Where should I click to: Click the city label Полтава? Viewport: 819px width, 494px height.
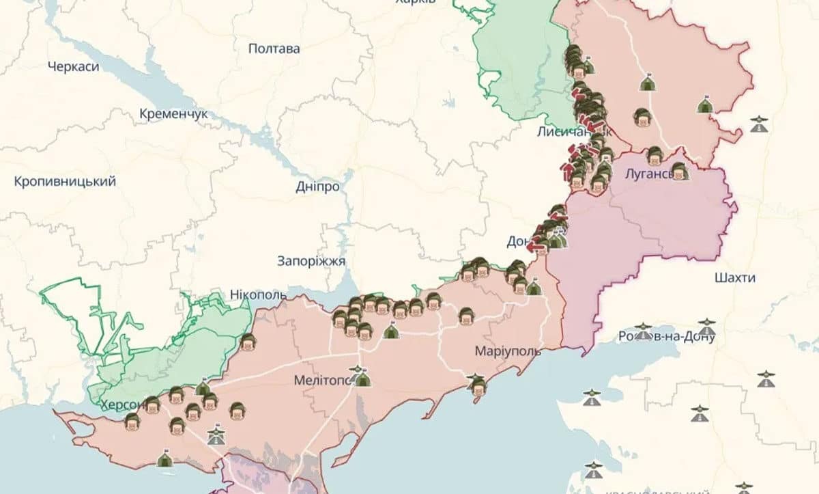coord(274,49)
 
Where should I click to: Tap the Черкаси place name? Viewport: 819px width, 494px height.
coord(74,66)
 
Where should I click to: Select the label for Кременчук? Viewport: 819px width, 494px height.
coord(173,114)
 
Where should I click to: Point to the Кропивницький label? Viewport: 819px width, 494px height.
coord(65,181)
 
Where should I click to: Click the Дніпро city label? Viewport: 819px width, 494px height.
coord(317,187)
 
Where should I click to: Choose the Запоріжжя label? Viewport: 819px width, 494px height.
coord(311,260)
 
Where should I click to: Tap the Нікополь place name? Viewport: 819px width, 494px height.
coord(258,294)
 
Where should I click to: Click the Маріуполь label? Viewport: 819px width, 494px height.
coord(508,351)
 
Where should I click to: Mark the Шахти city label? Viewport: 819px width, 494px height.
coord(735,277)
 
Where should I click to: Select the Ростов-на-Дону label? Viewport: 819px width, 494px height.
coord(665,336)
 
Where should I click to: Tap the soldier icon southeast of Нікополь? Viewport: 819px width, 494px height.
coord(248,342)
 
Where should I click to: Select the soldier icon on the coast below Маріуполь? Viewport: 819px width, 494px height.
coord(478,385)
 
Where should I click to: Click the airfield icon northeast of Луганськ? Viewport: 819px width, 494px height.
coord(759,124)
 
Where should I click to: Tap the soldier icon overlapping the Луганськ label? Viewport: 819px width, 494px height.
coord(678,171)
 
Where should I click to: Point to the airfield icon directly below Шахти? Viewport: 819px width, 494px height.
coord(706,327)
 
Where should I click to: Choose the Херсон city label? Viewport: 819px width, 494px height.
coord(121,404)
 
